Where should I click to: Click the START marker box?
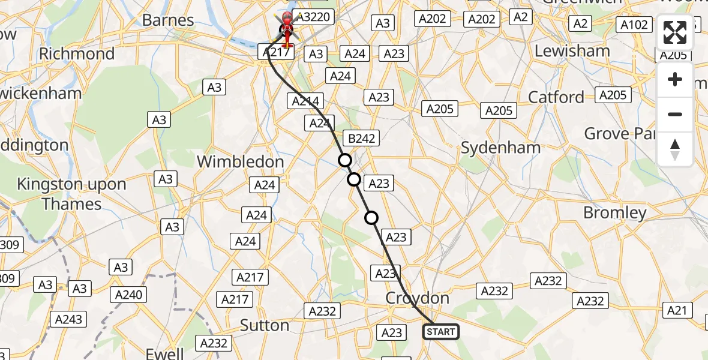point(441,331)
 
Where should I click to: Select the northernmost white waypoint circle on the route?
point(344,160)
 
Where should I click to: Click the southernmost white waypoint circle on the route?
point(372,218)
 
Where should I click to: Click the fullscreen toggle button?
point(675,32)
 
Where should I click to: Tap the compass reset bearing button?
point(675,149)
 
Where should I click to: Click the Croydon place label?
point(418,298)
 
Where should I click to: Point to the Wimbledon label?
point(240,162)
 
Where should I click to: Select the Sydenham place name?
point(500,148)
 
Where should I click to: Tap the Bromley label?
point(615,213)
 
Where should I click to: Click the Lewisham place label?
point(572,52)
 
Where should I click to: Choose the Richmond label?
point(77,54)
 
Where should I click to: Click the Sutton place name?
point(265,325)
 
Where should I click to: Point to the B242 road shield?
point(362,139)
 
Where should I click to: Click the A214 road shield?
point(305,101)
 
